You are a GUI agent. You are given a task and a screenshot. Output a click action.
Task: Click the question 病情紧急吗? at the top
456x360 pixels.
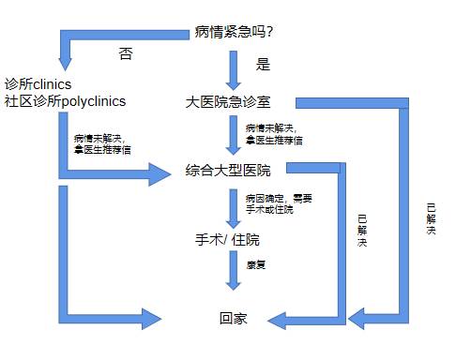point(234,34)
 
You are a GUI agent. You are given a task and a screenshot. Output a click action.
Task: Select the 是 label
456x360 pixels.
point(263,66)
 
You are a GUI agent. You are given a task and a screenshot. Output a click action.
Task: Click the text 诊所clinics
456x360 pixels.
point(38,83)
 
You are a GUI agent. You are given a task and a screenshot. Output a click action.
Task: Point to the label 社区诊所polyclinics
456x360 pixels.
point(66,100)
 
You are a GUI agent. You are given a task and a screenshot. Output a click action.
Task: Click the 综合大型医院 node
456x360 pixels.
point(228,171)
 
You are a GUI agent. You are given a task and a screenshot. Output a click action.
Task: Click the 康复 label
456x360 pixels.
point(256,265)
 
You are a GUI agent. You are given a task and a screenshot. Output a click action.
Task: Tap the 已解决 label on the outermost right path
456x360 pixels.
point(430,218)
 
